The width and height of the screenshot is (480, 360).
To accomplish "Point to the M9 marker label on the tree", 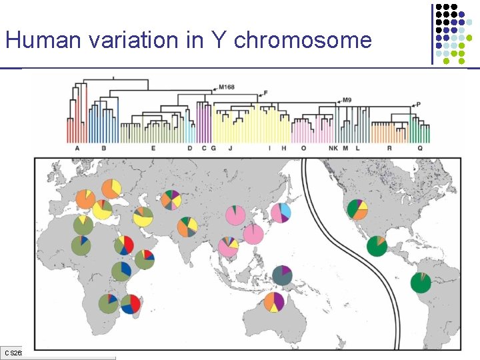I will [346, 100].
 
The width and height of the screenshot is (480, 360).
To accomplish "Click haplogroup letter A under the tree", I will [77, 148].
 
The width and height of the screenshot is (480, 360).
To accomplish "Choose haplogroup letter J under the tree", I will [230, 148].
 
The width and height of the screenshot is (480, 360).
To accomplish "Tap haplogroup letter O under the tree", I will [303, 148].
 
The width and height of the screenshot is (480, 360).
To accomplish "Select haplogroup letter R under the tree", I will [389, 148].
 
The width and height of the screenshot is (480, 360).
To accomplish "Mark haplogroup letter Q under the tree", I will [420, 148].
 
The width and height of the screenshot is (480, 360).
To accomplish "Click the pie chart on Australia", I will [274, 302].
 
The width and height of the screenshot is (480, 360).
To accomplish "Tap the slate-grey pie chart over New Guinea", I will [282, 275].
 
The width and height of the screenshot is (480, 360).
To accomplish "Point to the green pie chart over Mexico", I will [377, 245].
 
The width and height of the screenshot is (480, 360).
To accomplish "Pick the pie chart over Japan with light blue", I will [281, 213].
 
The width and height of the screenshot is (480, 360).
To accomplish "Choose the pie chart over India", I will [187, 227].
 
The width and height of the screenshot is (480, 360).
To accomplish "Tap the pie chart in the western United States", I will [357, 209].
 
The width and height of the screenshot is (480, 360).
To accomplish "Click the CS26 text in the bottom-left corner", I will [12, 352].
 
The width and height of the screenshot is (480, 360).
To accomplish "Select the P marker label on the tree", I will [418, 104].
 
